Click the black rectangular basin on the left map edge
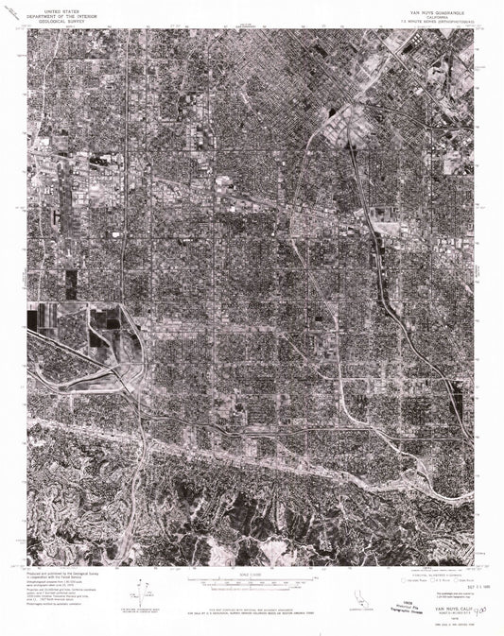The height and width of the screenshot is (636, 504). [34, 319]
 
